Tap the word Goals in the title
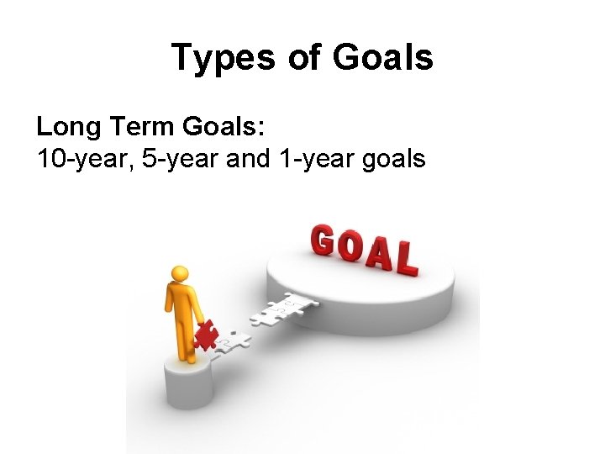tap(383, 57)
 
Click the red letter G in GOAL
tap(323, 240)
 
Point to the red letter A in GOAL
tap(378, 254)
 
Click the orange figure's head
tap(178, 274)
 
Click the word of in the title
tap(308, 57)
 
